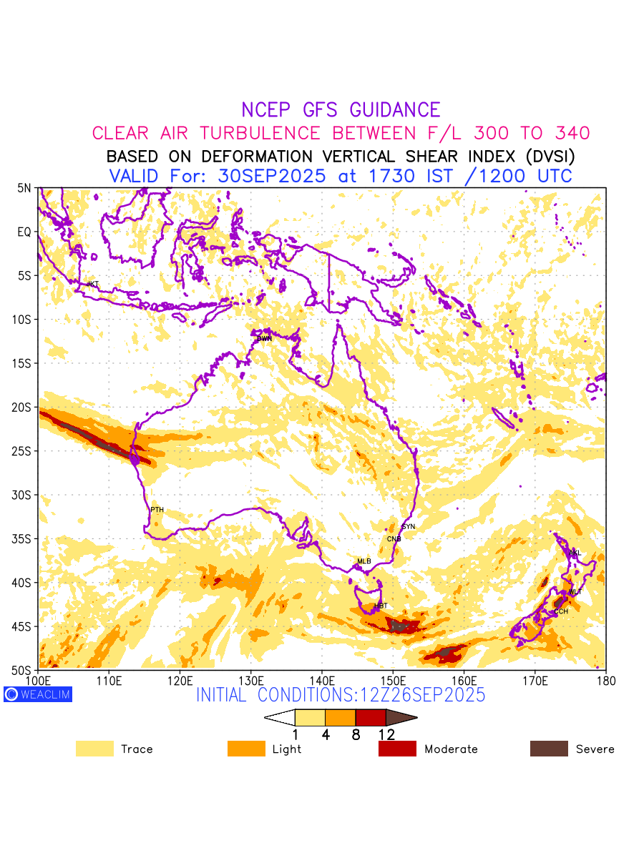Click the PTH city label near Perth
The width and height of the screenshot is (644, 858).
point(157,510)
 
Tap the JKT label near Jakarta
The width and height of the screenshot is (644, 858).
point(92,285)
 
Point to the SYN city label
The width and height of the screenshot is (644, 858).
point(409,527)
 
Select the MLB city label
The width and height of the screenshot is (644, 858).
point(364,561)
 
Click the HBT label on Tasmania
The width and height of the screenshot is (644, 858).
point(381,606)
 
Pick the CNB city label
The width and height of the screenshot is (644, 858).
point(394,539)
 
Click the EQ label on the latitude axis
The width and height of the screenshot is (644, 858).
point(24,232)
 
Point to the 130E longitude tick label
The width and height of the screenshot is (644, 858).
point(251,679)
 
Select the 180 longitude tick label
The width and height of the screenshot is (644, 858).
point(605,679)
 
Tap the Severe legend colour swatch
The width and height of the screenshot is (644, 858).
point(549,749)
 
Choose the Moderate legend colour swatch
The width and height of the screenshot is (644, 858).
point(397,749)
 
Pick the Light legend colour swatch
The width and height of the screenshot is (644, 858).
point(246,749)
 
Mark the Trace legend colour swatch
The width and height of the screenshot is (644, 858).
point(94,749)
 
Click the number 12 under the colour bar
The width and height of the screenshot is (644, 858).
point(386,734)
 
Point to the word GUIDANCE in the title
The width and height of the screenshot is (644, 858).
point(395,110)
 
